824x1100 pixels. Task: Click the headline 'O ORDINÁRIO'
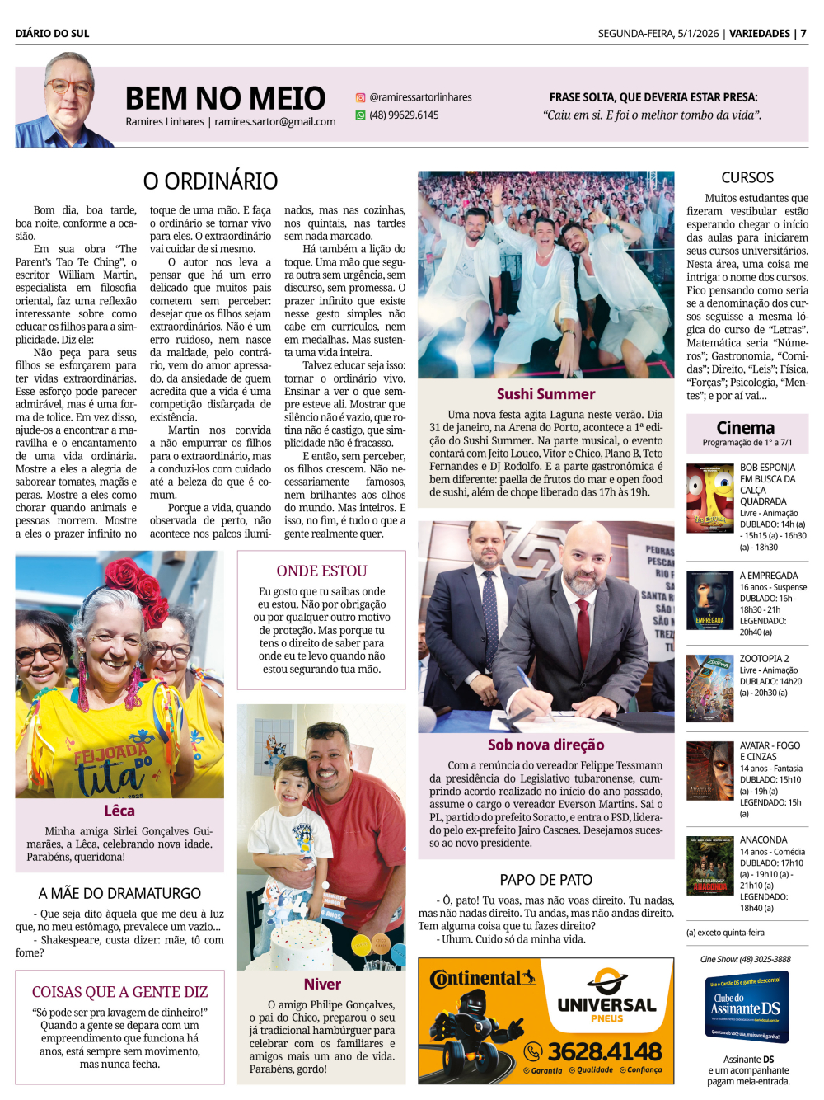click(210, 181)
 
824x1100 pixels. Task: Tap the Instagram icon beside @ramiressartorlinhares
click(360, 97)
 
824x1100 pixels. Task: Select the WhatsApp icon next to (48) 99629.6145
click(360, 115)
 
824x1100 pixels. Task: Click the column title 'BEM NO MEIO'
click(225, 98)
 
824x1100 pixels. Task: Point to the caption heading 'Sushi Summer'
click(545, 394)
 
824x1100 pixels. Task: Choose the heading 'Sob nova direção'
click(545, 745)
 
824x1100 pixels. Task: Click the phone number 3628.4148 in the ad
click(605, 1051)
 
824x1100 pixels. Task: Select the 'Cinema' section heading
click(746, 427)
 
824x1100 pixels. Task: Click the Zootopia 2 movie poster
click(709, 689)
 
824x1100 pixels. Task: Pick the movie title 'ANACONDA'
click(763, 839)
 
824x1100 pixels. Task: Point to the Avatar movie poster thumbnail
click(709, 772)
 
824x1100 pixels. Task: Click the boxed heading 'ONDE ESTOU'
click(321, 571)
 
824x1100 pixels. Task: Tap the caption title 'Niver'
click(322, 984)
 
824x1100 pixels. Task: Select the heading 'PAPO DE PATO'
click(545, 880)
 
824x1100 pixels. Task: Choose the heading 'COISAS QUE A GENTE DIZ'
click(119, 992)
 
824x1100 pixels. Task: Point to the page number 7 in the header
click(803, 34)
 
